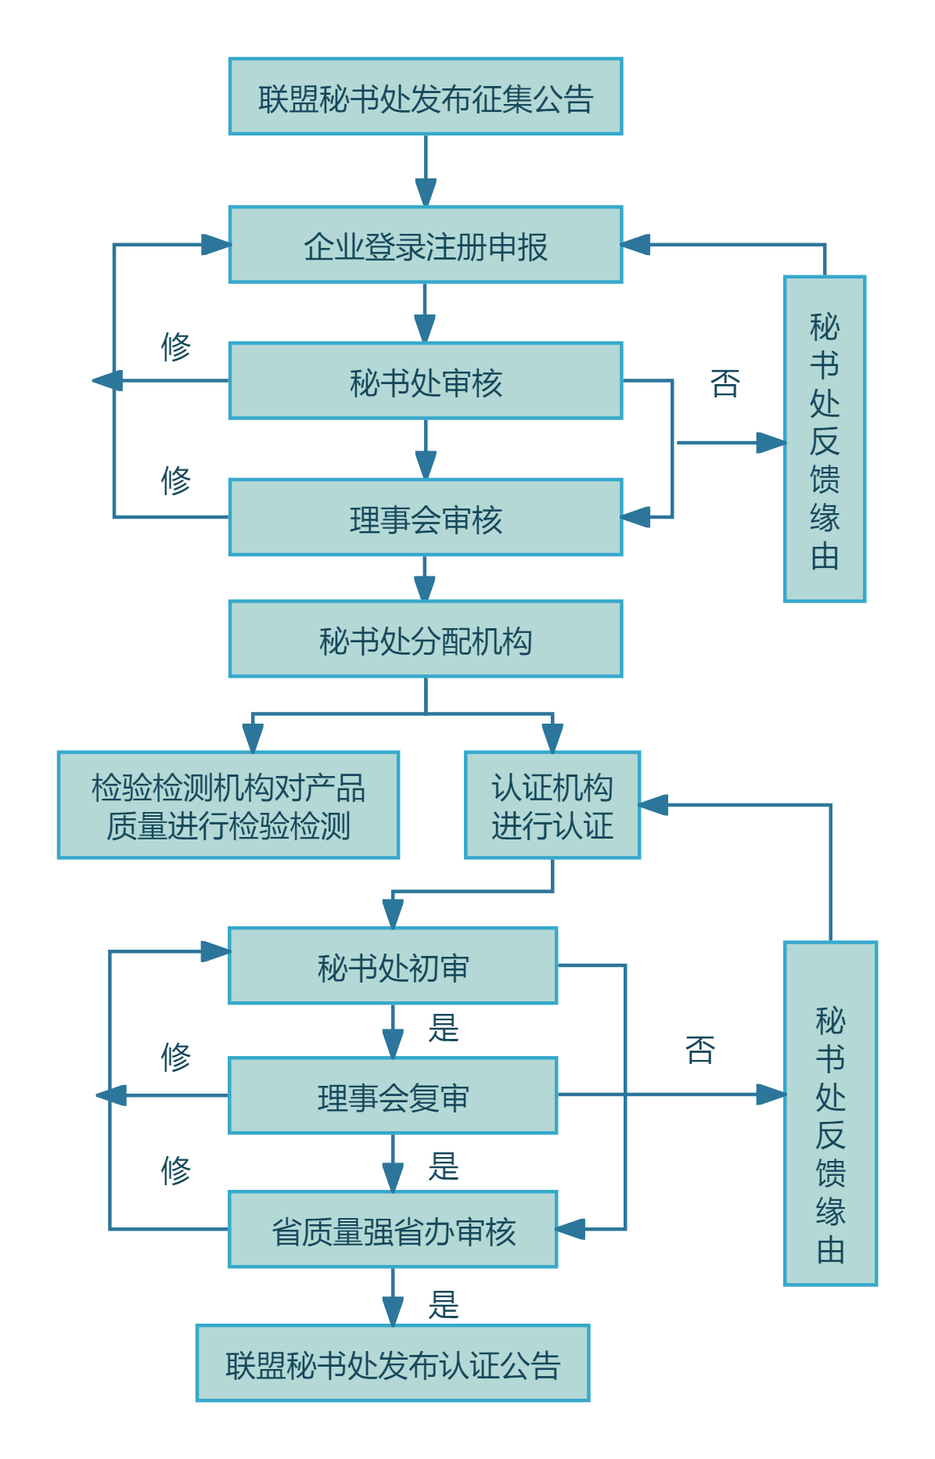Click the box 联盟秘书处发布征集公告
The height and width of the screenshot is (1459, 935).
coord(425,97)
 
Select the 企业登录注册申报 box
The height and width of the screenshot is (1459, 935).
coord(425,245)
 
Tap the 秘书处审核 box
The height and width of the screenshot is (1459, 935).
coord(425,381)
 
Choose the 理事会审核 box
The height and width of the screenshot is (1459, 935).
coord(425,518)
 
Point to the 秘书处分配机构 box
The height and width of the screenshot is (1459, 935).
coord(425,639)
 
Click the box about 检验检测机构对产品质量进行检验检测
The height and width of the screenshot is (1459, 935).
coord(228,806)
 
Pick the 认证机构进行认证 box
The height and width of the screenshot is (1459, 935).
coord(552,806)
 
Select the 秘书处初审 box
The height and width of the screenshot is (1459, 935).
coord(392,966)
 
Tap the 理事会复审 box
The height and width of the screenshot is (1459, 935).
coord(392,1096)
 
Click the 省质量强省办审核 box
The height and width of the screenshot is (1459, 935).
coord(392,1230)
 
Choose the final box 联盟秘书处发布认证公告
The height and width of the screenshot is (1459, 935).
coord(392,1364)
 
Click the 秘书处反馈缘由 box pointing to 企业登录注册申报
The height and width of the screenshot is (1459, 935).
coord(824,440)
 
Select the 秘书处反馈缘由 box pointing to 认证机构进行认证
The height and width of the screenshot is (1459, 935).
coord(830,1113)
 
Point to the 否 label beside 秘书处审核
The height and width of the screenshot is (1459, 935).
coord(725,383)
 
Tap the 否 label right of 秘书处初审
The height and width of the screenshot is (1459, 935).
coord(699,1050)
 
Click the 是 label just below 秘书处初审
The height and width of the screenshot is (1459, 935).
coord(443,1028)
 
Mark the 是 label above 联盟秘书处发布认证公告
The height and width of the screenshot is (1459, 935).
coord(443,1304)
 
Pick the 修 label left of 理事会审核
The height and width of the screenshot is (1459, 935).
coord(175,480)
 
